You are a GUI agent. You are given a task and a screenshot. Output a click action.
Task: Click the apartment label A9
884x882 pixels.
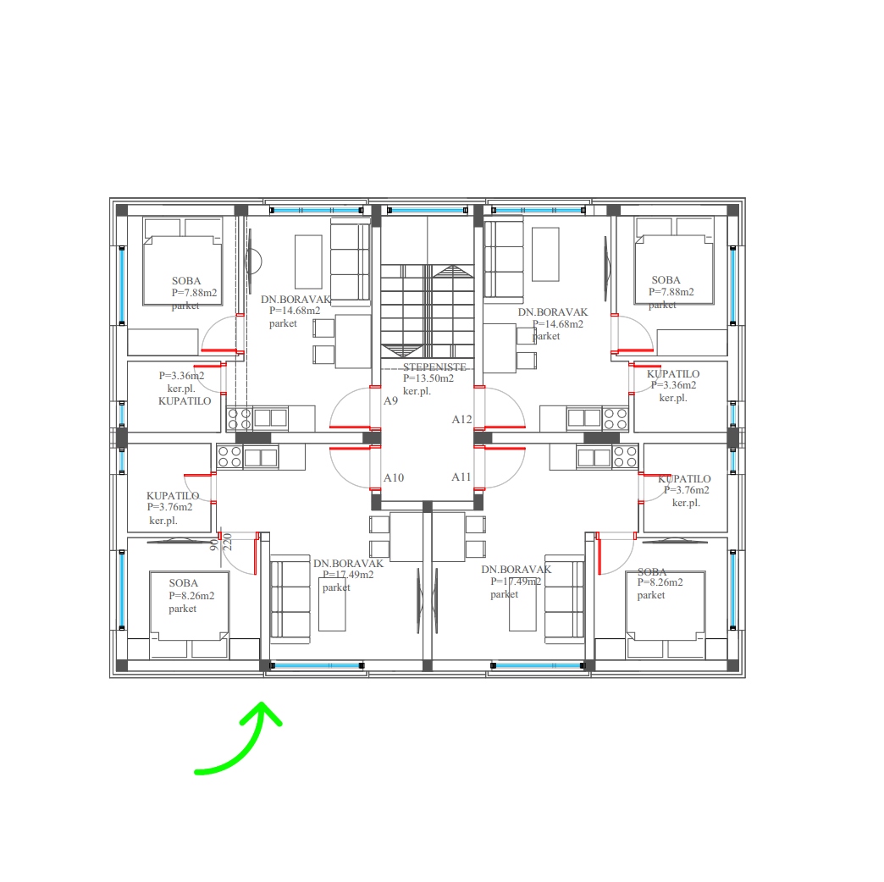pyautogui.click(x=390, y=400)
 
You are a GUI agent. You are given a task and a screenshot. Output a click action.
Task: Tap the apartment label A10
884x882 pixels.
pyautogui.click(x=394, y=478)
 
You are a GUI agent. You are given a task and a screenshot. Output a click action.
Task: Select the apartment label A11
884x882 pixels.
pyautogui.click(x=461, y=477)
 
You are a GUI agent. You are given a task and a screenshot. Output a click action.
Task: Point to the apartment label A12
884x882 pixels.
pyautogui.click(x=461, y=419)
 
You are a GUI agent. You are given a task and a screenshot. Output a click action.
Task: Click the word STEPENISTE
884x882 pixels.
pyautogui.click(x=434, y=367)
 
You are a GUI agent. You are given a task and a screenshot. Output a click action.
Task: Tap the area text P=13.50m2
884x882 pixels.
pyautogui.click(x=428, y=378)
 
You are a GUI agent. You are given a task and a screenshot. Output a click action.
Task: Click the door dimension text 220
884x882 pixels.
pyautogui.click(x=228, y=542)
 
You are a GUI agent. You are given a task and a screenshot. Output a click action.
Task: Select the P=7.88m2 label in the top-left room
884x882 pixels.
pyautogui.click(x=195, y=293)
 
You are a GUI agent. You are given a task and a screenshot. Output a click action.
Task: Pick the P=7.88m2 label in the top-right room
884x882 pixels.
pyautogui.click(x=671, y=292)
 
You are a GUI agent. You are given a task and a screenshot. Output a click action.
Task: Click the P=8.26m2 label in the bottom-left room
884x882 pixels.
pyautogui.click(x=191, y=596)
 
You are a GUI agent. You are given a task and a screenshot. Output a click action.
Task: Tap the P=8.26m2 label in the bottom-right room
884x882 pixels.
pyautogui.click(x=660, y=582)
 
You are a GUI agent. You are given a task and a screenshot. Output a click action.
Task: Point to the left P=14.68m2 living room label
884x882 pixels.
pyautogui.click(x=295, y=311)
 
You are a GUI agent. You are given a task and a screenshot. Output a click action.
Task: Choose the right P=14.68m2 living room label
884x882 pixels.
pyautogui.click(x=558, y=324)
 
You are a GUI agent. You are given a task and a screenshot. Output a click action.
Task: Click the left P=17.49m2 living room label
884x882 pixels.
pyautogui.click(x=348, y=575)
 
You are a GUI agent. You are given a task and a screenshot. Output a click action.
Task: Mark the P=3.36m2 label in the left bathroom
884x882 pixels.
pyautogui.click(x=181, y=375)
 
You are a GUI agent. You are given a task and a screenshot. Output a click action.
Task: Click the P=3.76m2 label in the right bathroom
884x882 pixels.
pyautogui.click(x=687, y=490)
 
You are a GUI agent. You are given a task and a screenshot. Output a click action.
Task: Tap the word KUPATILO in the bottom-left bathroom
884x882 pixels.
pyautogui.click(x=173, y=496)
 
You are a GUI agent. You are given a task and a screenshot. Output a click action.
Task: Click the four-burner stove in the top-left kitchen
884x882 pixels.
pyautogui.click(x=239, y=419)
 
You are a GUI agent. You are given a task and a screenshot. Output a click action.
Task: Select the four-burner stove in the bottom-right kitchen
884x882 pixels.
pyautogui.click(x=625, y=456)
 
